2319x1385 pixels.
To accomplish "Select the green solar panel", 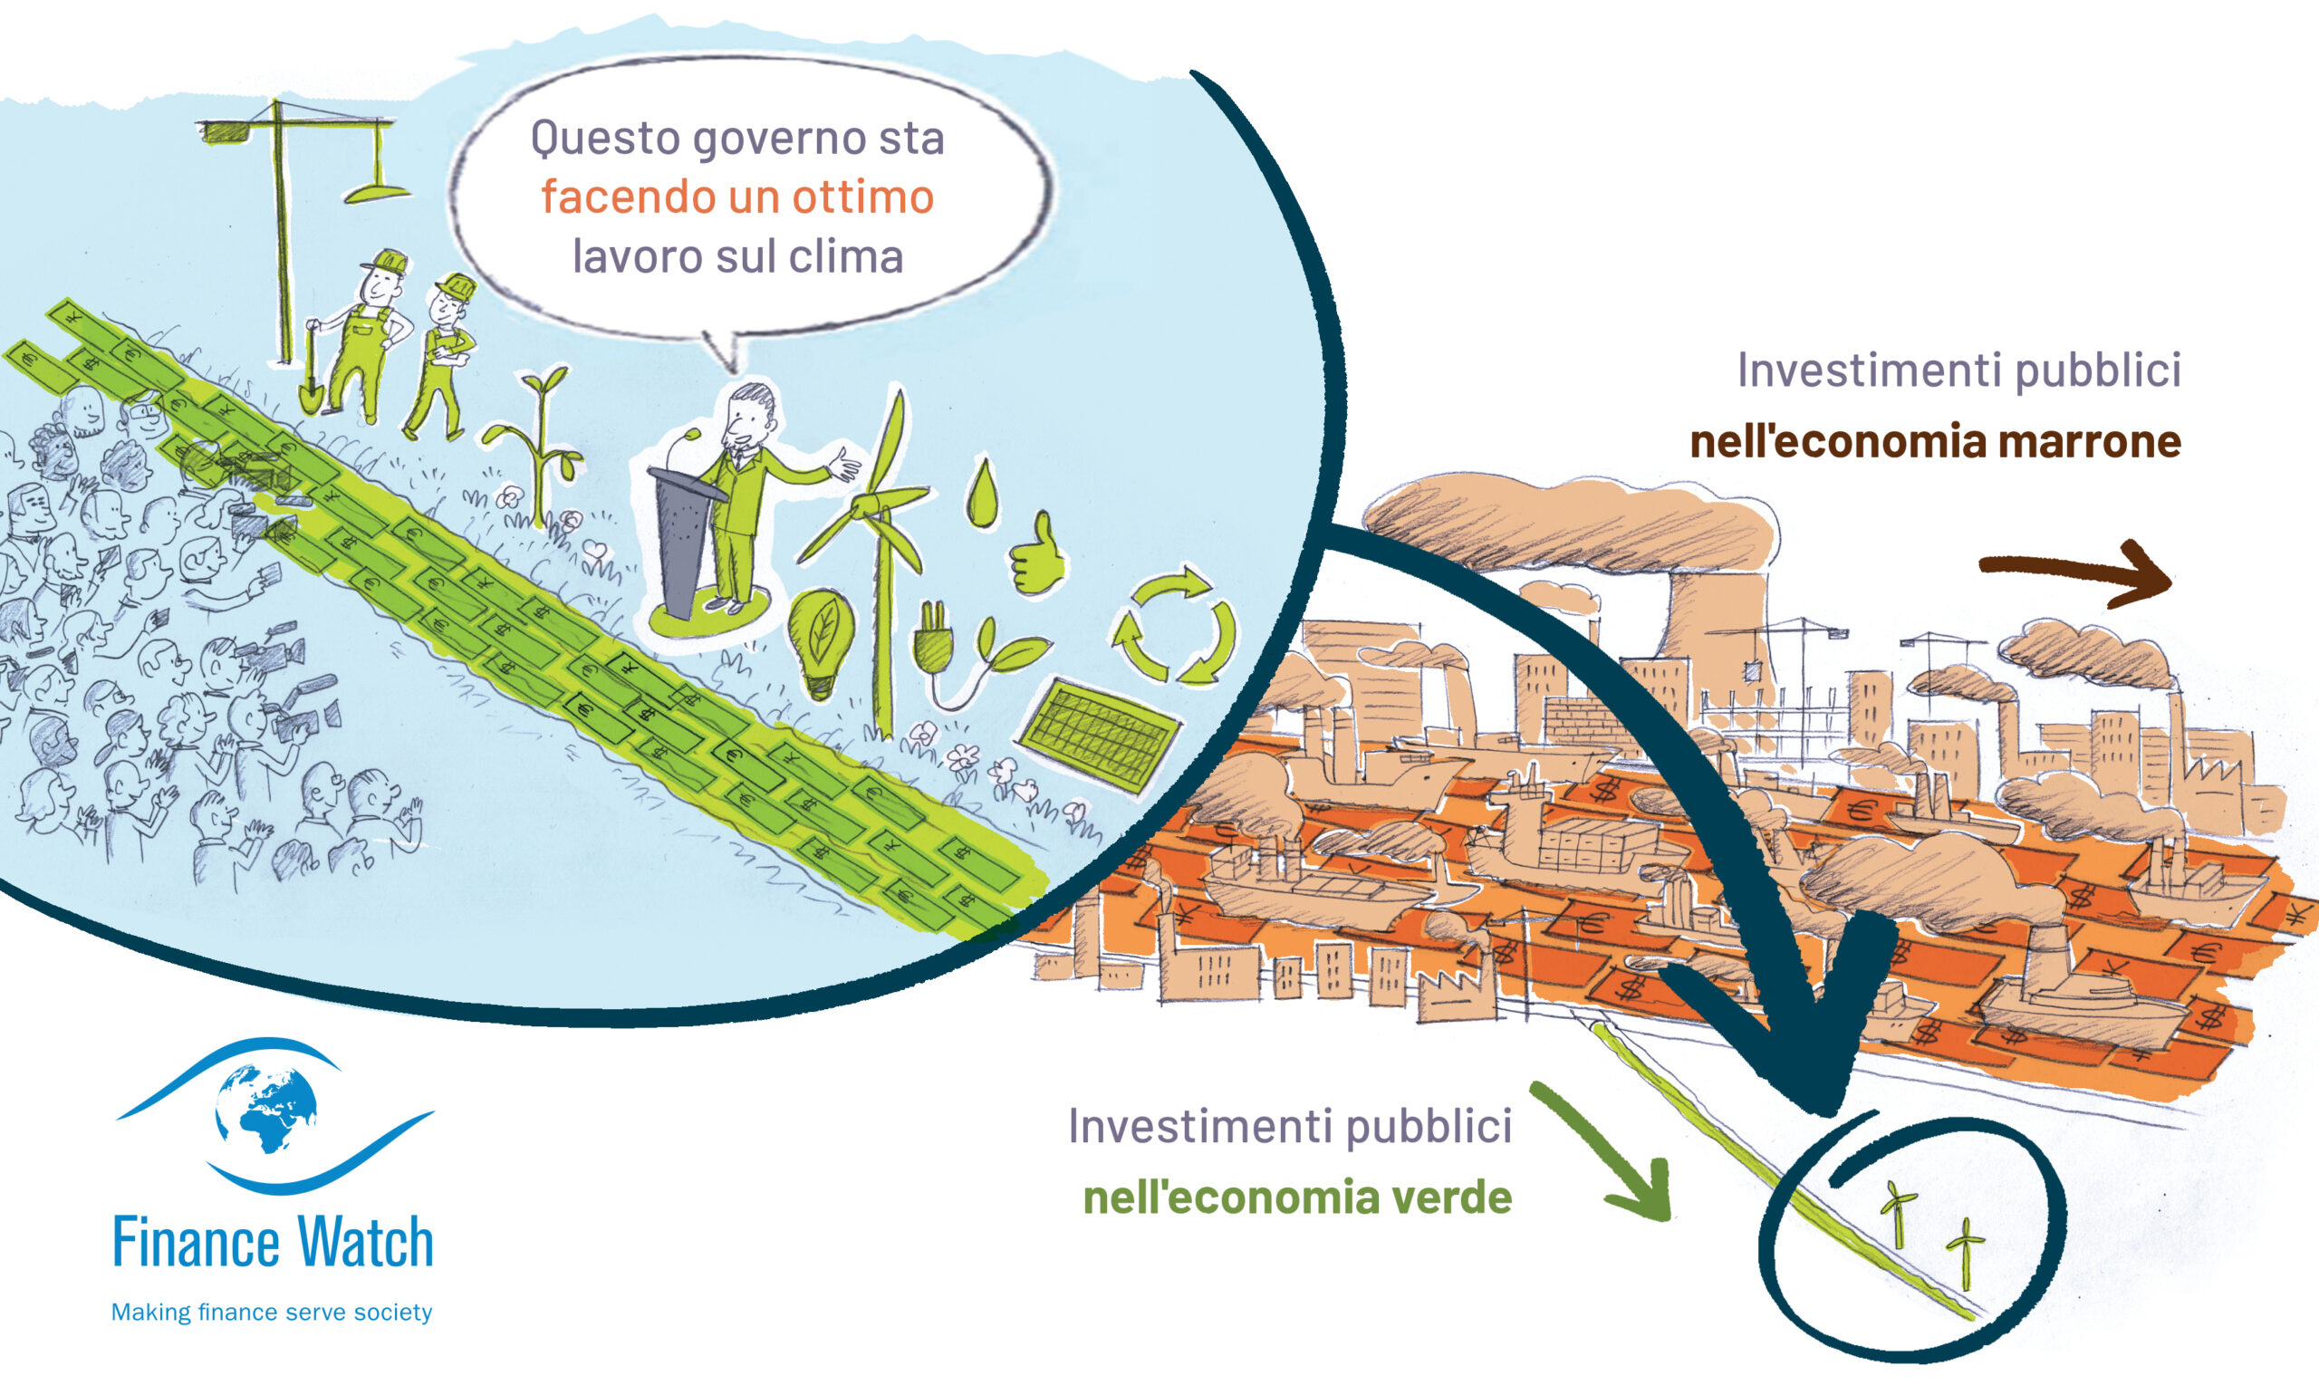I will click(x=1097, y=737).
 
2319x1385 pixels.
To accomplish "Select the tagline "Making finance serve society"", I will click(x=272, y=1313).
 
